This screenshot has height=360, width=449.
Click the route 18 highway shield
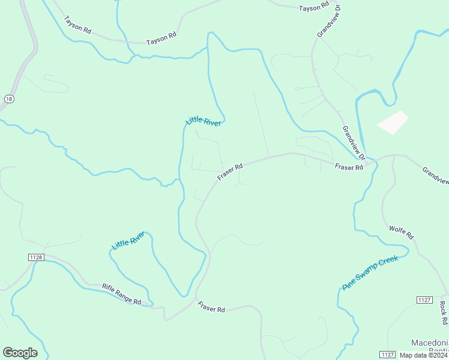click(8, 99)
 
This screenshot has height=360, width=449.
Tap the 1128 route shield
click(36, 257)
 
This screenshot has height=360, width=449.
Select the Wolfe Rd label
click(402, 232)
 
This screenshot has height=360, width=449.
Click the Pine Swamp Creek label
click(370, 274)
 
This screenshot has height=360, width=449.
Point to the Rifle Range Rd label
click(121, 294)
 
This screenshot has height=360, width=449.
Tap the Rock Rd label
click(444, 313)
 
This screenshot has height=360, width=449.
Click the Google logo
click(20, 353)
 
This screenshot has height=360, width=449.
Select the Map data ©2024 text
click(423, 355)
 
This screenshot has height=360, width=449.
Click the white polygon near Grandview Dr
click(393, 122)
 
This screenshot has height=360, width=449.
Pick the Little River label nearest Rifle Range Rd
click(128, 241)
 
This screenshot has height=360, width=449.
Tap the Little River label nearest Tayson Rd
click(203, 121)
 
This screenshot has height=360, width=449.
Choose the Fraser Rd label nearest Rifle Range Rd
click(211, 307)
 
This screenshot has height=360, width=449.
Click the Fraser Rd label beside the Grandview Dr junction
click(349, 167)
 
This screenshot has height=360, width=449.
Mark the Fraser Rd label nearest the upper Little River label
click(230, 172)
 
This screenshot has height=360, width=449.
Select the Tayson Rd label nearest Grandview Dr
click(315, 6)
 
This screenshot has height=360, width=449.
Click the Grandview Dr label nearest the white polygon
click(354, 143)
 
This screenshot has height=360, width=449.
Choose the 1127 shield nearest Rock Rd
click(424, 299)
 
